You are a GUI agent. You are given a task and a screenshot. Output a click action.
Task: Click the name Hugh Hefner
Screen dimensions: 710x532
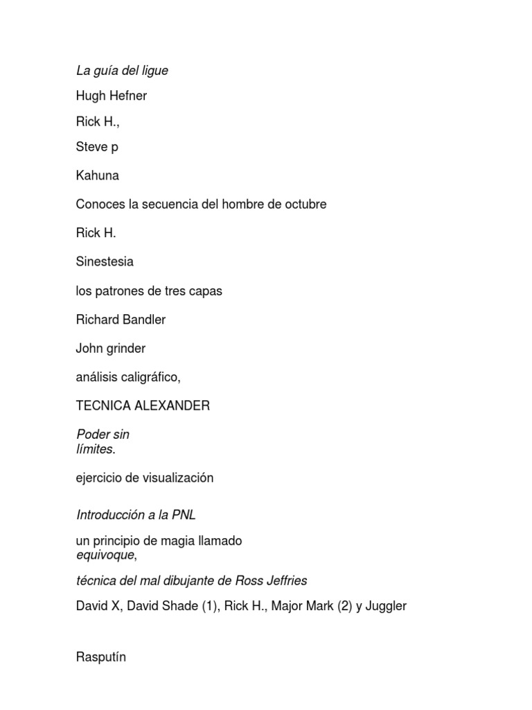tap(111, 96)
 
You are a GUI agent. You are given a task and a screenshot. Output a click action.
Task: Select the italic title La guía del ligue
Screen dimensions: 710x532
tap(122, 70)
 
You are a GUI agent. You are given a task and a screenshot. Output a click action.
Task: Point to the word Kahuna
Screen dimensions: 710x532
tap(97, 175)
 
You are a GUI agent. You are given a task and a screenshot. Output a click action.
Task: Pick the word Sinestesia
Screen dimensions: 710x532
tap(105, 262)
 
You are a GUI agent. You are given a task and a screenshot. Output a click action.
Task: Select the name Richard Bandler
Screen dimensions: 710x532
tap(121, 320)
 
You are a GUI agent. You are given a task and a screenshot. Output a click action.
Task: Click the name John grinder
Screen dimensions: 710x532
tap(110, 348)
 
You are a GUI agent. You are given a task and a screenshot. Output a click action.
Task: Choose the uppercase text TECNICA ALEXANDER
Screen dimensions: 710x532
tap(143, 406)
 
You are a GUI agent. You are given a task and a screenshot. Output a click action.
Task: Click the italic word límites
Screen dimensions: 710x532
tap(95, 449)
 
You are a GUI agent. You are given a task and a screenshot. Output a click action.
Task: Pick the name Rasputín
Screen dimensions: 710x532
tap(101, 657)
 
